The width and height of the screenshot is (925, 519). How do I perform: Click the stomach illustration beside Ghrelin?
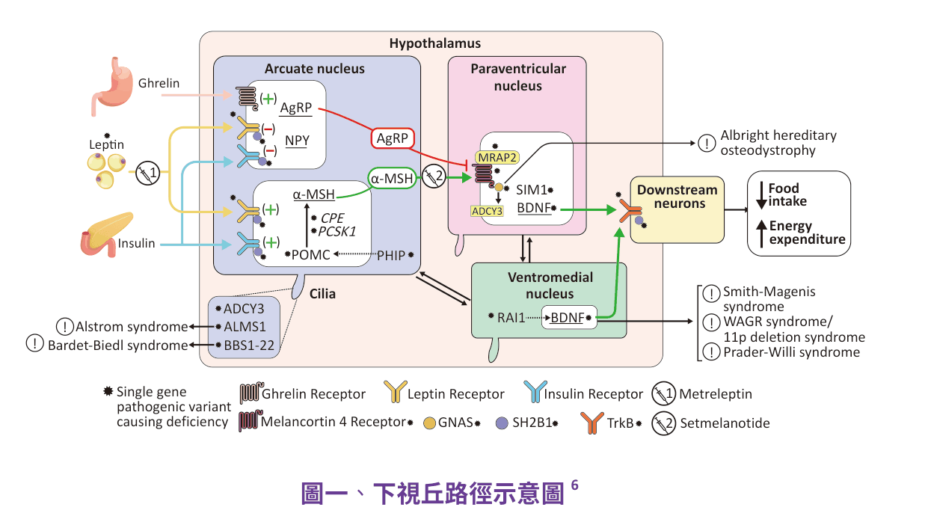[111, 86]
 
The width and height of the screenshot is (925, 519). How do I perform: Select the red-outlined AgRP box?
[393, 138]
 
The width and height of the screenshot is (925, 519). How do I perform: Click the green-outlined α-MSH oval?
[392, 178]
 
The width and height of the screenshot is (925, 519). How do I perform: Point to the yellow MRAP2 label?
[497, 157]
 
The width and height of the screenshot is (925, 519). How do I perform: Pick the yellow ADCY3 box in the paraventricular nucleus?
[488, 211]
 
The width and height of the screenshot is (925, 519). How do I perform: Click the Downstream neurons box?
[677, 209]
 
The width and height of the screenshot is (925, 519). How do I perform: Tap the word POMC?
[310, 255]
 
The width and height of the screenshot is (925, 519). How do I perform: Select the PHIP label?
[391, 256]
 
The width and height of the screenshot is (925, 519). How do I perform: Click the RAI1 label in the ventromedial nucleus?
[511, 318]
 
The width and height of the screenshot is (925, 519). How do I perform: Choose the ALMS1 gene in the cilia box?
[245, 327]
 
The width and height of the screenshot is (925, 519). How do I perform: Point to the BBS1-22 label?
[249, 346]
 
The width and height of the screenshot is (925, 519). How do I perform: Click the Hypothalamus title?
[435, 43]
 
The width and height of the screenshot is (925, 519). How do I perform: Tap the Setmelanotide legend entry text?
[725, 423]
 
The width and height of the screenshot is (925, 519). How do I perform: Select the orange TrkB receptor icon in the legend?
[592, 423]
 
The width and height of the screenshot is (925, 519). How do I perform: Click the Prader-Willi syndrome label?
[792, 352]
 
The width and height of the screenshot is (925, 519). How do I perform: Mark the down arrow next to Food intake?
[761, 195]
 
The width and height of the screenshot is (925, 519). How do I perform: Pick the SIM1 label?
[532, 190]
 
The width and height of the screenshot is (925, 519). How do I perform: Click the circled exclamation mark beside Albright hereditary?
[707, 144]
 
